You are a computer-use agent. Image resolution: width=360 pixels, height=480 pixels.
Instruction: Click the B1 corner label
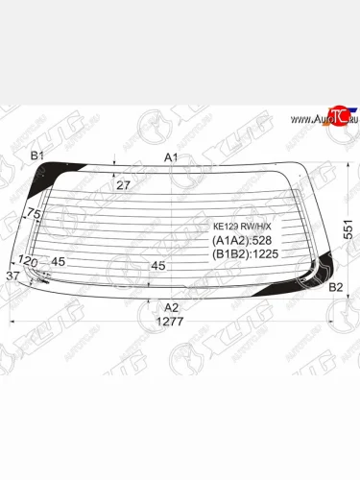click(37, 156)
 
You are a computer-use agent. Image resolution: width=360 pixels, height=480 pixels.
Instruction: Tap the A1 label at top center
click(171, 156)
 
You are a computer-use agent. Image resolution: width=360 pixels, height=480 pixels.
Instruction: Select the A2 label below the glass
click(171, 307)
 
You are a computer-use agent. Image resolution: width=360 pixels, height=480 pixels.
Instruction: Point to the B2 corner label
click(336, 287)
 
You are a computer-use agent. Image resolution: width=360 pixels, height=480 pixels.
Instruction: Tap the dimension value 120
click(27, 261)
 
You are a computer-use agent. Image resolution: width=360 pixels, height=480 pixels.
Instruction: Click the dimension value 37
click(12, 276)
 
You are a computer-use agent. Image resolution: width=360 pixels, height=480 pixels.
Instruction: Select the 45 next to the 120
click(58, 261)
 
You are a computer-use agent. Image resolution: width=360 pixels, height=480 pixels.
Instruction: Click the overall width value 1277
click(170, 323)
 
